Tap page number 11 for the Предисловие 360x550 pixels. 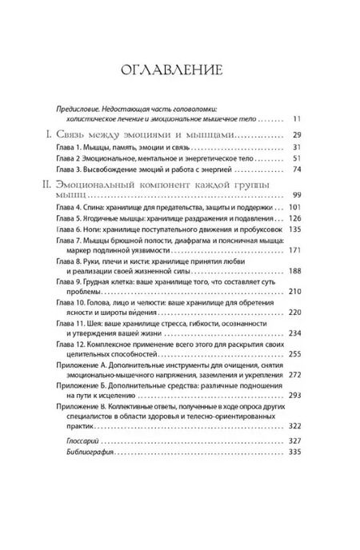(x=296, y=118)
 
